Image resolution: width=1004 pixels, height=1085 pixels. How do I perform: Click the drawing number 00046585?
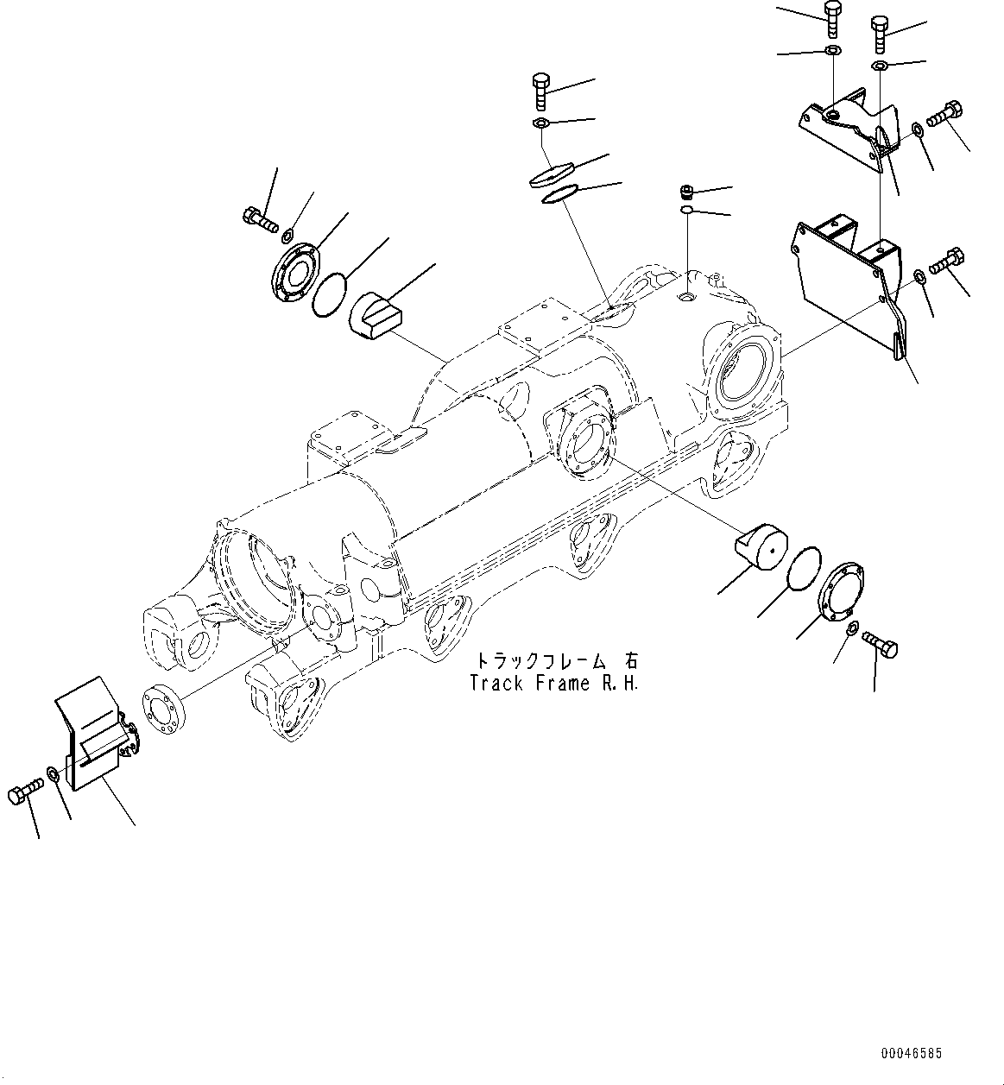pyautogui.click(x=912, y=1054)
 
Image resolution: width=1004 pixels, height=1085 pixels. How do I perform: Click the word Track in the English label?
pyautogui.click(x=495, y=683)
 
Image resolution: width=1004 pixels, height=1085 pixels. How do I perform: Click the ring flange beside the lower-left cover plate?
pyautogui.click(x=161, y=707)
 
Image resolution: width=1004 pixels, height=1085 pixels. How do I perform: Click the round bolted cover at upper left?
pyautogui.click(x=294, y=272)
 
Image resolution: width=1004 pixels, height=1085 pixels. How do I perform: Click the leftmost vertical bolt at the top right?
pyautogui.click(x=833, y=19)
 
